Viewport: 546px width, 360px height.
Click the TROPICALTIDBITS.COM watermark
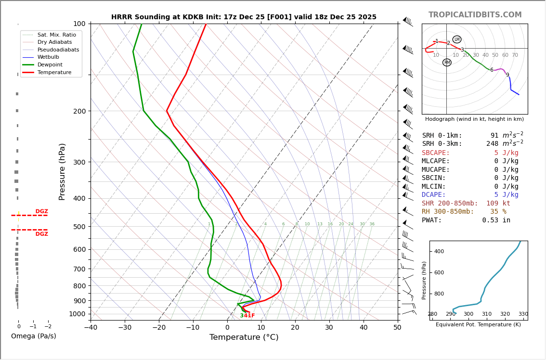(475, 15)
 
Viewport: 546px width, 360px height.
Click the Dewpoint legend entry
(51, 64)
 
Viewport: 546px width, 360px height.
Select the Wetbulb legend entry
(51, 57)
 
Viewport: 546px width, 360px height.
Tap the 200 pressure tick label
(79, 111)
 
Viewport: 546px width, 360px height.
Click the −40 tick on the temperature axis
(91, 328)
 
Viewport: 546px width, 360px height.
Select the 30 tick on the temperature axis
(329, 328)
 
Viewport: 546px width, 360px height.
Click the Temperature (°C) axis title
(244, 337)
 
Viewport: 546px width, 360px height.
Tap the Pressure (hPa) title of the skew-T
(62, 171)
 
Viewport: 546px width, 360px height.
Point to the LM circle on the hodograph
(457, 39)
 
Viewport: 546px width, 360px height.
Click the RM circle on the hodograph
(447, 63)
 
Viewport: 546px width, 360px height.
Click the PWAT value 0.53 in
(496, 220)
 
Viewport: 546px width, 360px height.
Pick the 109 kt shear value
(498, 204)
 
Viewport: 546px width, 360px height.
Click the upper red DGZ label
(41, 212)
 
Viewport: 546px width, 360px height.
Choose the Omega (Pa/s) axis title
(33, 336)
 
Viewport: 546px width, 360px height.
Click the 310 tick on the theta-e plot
(487, 314)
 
